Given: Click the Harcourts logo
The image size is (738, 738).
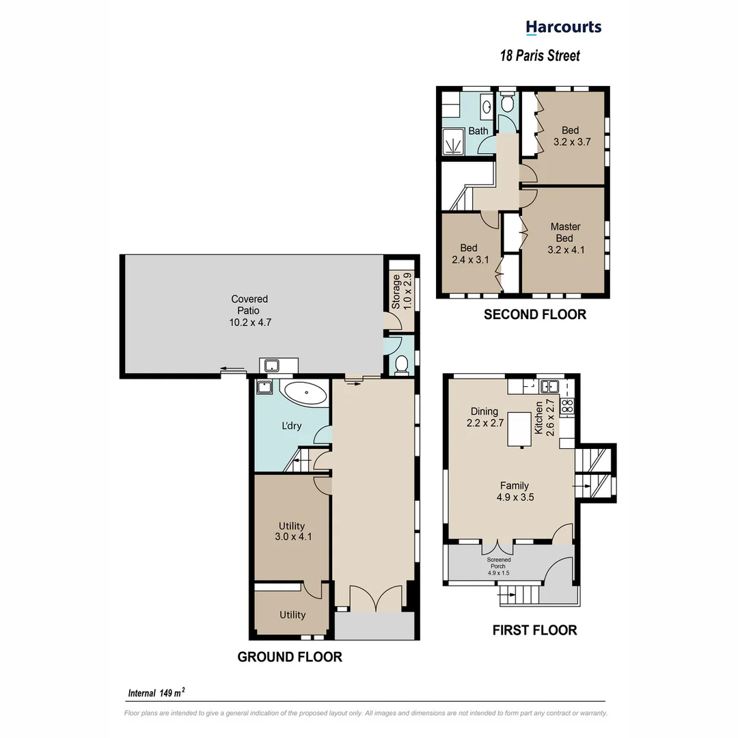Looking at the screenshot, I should [x=563, y=27].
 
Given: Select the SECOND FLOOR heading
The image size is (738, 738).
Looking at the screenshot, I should [x=534, y=314].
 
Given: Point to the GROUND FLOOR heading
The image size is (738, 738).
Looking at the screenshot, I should [x=290, y=657].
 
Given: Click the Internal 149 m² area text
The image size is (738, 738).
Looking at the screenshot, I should [x=157, y=693].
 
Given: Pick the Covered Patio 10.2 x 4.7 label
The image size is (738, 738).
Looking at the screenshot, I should [x=249, y=310].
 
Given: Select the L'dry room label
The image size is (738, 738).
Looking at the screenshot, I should [x=292, y=426].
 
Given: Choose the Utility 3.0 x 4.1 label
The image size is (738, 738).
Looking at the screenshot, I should [x=292, y=532].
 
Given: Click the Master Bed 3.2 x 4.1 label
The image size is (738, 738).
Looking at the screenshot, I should [x=566, y=238].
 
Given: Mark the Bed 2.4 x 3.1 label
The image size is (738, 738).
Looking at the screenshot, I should [x=468, y=254].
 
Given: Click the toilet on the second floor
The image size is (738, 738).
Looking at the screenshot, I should [x=507, y=103].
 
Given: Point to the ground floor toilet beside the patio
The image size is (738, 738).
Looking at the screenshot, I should [x=402, y=364].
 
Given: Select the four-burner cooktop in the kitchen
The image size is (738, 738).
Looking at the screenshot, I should [x=568, y=407].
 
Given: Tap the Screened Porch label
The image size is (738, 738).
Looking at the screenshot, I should [x=498, y=566].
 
